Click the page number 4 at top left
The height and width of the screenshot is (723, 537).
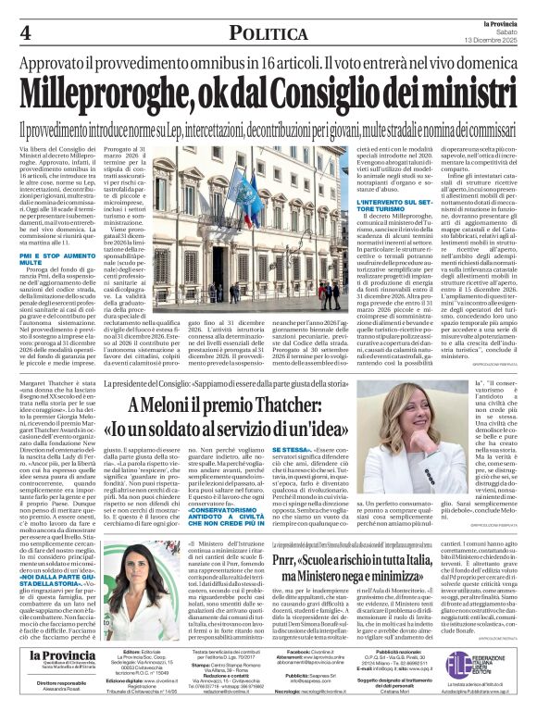(x=25, y=32)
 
